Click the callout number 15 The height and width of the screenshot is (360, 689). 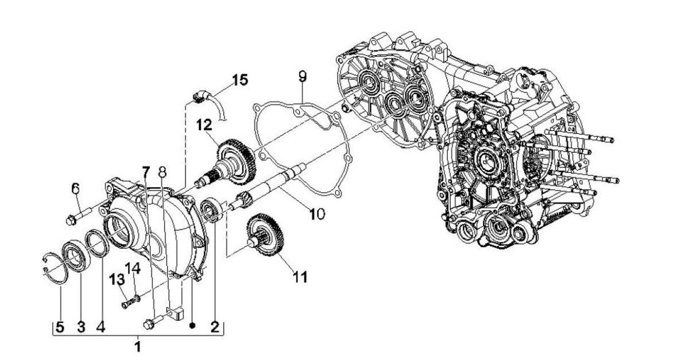(240, 79)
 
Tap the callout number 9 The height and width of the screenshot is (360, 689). (303, 76)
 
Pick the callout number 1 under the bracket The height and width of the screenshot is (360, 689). (137, 347)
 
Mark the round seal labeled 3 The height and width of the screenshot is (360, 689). (75, 254)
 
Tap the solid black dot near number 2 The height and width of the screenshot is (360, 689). (193, 326)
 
